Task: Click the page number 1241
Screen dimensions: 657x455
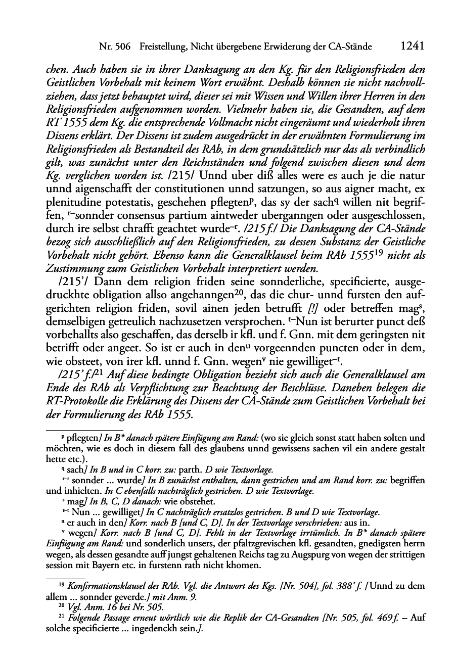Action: [x=411, y=46]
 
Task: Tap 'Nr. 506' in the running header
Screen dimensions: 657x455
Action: [x=115, y=48]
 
